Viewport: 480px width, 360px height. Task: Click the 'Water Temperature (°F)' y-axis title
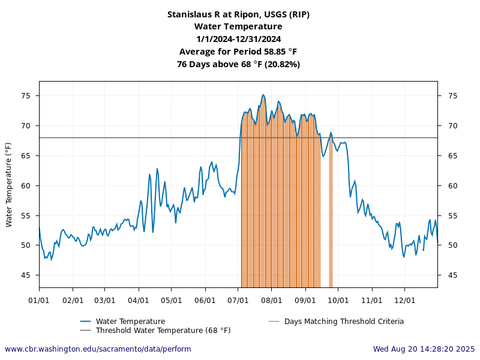click(8, 185)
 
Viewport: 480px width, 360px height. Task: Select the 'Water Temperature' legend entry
click(130, 322)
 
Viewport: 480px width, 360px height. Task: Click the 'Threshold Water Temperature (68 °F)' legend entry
click(163, 331)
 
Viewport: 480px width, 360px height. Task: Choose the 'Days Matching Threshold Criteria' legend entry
click(344, 322)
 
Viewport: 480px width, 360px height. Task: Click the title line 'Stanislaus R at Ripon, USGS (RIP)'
click(238, 14)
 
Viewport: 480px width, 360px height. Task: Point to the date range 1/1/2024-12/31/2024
click(238, 39)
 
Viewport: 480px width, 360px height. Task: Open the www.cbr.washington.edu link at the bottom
click(98, 349)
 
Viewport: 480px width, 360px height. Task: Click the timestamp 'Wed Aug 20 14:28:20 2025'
click(424, 349)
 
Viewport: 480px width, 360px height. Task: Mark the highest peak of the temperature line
click(263, 94)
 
